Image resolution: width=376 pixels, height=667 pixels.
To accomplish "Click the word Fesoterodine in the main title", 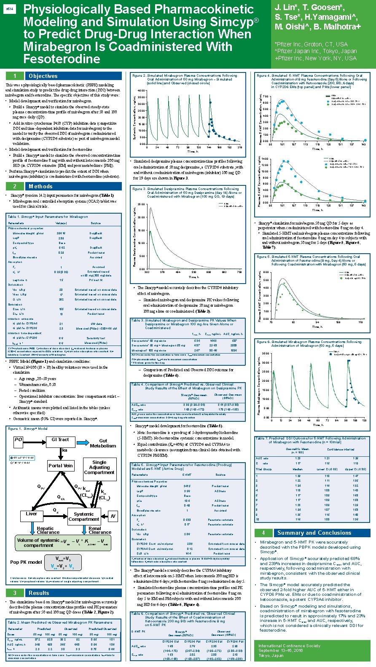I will coord(62,59).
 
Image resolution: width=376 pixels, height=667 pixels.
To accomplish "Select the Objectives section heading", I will coord(43,76).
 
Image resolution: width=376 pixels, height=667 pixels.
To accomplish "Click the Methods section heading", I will coord(40,186).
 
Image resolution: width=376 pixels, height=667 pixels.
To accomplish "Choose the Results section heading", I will coord(39,593).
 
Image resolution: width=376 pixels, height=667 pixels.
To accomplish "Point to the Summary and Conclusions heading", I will coord(314,533).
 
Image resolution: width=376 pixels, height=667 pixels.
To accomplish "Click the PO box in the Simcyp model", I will coord(18,439).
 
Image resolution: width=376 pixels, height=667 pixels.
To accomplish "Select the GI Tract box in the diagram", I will coord(60,439).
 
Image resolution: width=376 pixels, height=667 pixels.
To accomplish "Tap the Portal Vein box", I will coord(61,466).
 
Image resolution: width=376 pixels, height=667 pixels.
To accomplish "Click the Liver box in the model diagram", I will coord(32,514).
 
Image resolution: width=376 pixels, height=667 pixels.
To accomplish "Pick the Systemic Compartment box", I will coord(84,517).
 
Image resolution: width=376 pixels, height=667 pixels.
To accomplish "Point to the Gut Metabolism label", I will coord(103,443).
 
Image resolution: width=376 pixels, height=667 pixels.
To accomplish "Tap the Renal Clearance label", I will coord(100,530).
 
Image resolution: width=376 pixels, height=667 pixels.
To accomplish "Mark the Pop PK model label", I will coord(26,562).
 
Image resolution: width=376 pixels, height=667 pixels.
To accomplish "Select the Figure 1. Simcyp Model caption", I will coord(28,429).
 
